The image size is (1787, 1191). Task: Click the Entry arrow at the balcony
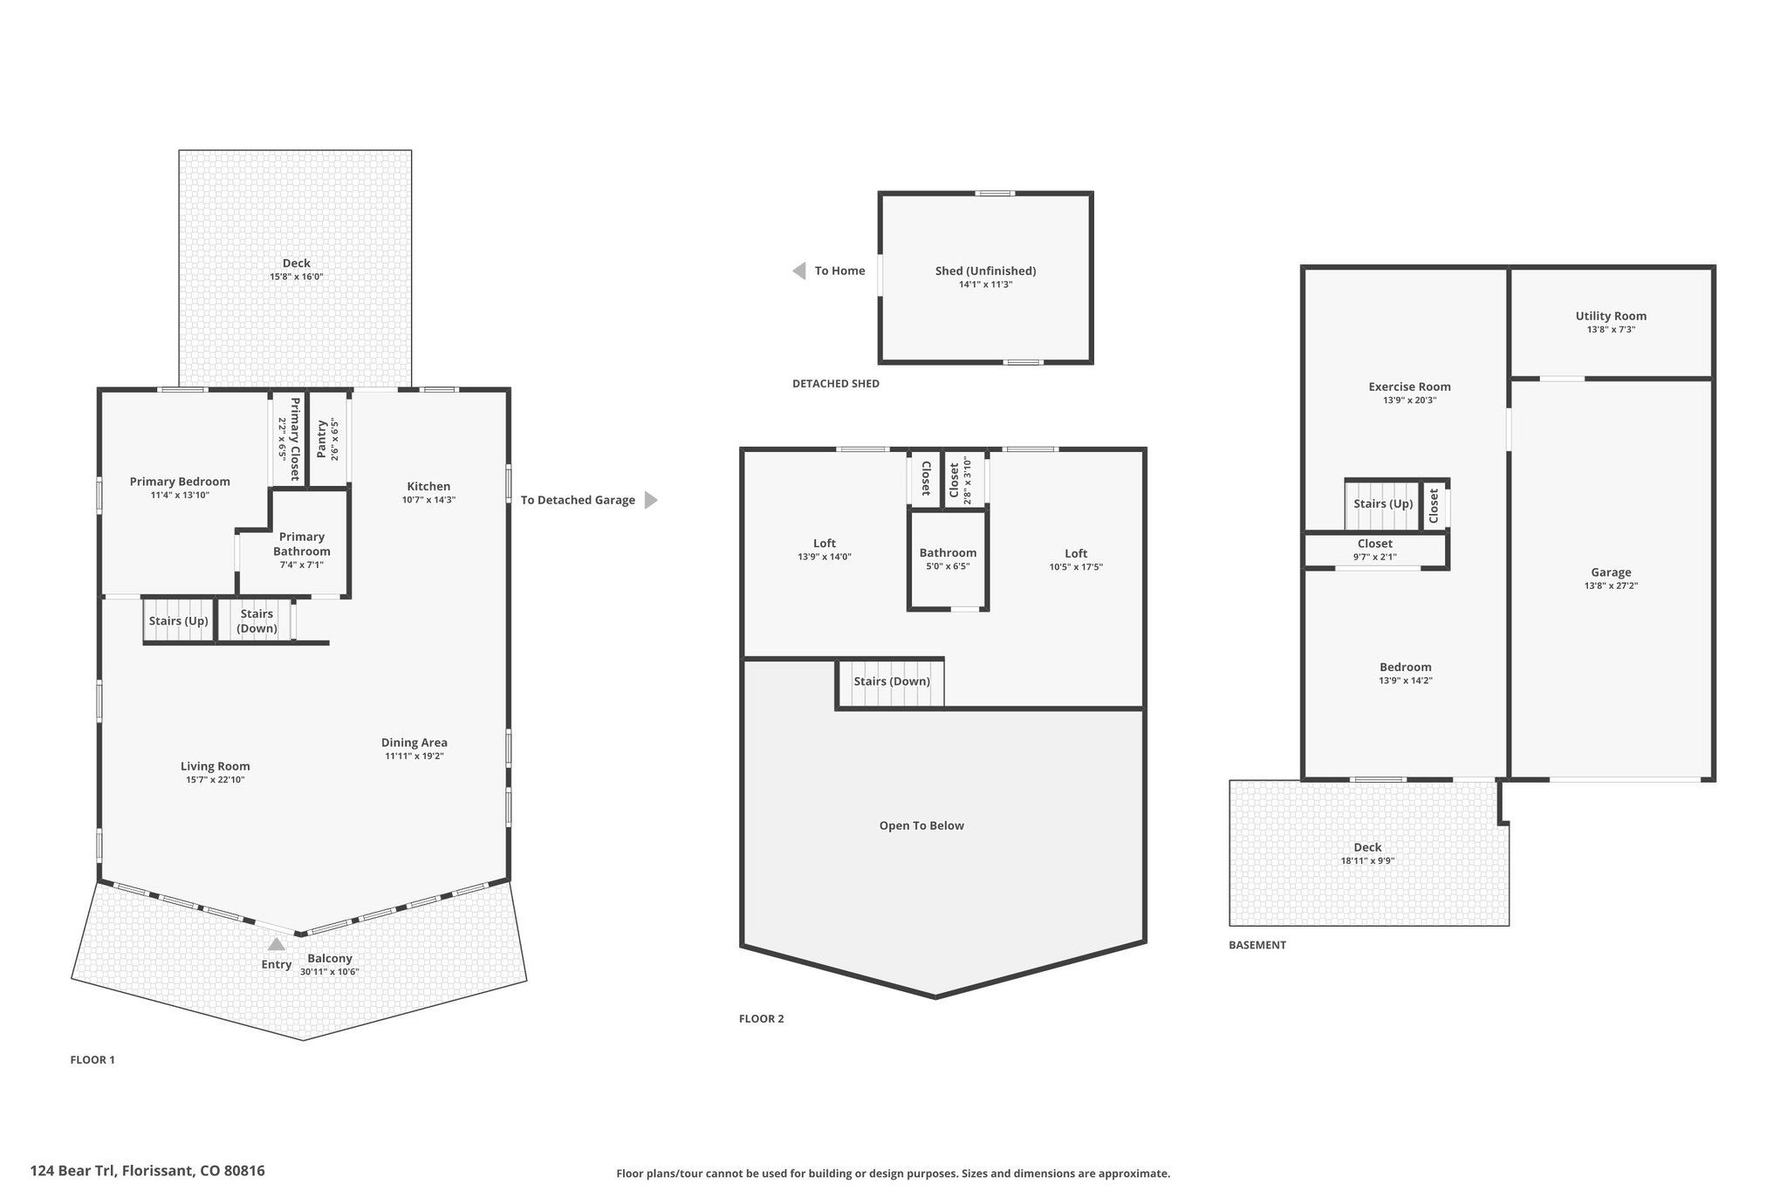point(277,943)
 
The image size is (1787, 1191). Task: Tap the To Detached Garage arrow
point(651,500)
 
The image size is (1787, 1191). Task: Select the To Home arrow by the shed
point(798,270)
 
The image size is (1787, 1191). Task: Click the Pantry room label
point(322,439)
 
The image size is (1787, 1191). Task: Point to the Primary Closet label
point(295,439)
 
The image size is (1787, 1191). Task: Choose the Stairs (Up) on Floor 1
point(178,620)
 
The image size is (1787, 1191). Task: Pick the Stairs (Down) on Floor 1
point(257,620)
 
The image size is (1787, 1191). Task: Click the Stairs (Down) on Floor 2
point(892,681)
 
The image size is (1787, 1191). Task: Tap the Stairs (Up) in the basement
point(1383,503)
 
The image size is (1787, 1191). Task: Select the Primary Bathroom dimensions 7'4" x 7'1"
point(302,565)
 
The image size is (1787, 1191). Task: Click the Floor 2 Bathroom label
point(948,552)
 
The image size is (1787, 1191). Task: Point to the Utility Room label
point(1611,316)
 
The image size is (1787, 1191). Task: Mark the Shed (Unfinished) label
point(986,270)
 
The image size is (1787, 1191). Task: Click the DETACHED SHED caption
point(836,383)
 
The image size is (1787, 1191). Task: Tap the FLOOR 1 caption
point(92,1060)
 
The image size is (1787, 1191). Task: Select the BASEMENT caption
point(1257,945)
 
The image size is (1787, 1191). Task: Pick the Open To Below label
point(921,825)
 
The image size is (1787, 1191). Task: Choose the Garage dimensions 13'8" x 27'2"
point(1611,586)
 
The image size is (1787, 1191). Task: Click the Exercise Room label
point(1409,387)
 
